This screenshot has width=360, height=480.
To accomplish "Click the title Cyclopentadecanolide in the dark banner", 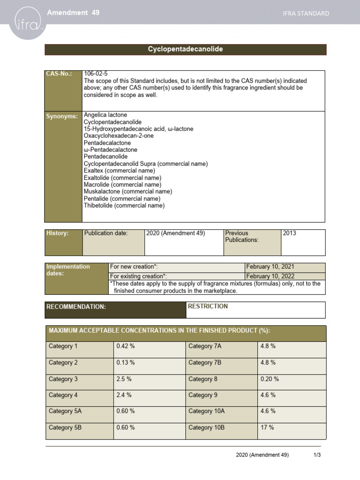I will coord(185,49).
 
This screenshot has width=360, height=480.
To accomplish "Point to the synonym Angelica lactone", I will coord(105,115).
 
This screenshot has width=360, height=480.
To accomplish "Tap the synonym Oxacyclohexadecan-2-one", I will coord(118,135).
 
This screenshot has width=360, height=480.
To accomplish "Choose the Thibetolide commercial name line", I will coord(124,205).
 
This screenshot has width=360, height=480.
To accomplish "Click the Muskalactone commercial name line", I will coord(127,191).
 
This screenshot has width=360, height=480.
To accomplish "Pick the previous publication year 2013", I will coord(290,233).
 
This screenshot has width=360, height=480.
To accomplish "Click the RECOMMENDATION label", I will coord(76,307).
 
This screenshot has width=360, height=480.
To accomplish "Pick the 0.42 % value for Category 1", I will coord(125,346).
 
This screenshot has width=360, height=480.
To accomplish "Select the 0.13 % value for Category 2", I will coord(125,363).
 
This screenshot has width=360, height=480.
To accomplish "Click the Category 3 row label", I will coord(63,379).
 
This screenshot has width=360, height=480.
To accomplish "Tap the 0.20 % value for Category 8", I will coord(270,379).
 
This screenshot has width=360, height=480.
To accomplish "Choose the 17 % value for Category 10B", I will coord(267,427).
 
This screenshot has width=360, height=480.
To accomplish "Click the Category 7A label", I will coord(205,346).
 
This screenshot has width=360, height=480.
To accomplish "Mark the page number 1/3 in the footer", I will coord(317,455).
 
